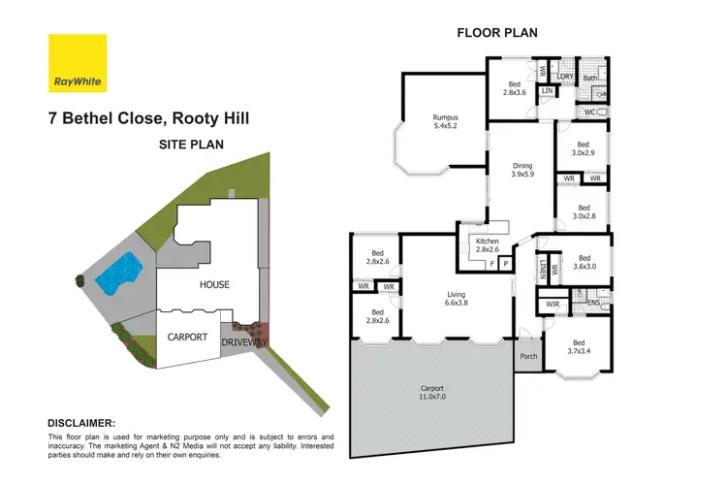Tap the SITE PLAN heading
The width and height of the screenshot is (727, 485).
coord(191,144)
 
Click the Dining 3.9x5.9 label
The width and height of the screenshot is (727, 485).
coord(522,172)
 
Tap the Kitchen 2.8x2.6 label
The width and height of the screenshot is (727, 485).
coord(488,244)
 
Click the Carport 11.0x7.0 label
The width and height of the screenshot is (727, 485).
coord(433,394)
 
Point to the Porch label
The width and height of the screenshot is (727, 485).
coord(527,355)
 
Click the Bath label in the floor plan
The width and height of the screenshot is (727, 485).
coord(589,78)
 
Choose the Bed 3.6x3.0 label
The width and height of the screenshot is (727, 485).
coord(583,263)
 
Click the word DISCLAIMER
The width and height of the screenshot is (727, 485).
coord(81,423)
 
